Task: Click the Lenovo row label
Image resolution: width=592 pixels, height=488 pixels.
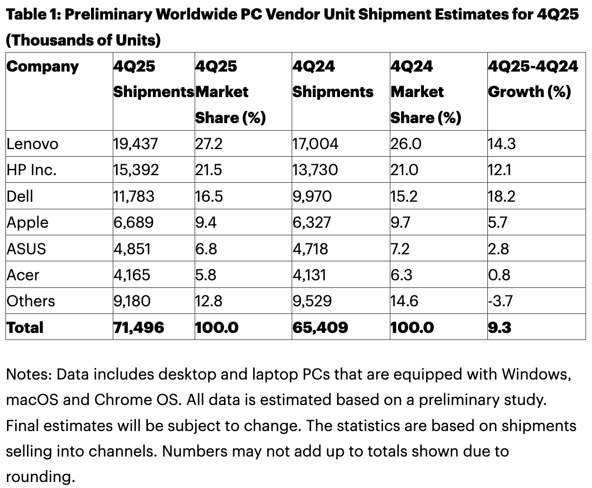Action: pyautogui.click(x=32, y=144)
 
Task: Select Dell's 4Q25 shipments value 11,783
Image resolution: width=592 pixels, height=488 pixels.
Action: pyautogui.click(x=134, y=196)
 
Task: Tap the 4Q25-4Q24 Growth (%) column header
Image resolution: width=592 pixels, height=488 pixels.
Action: pyautogui.click(x=530, y=79)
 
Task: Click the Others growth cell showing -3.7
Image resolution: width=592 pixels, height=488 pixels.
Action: pyautogui.click(x=500, y=301)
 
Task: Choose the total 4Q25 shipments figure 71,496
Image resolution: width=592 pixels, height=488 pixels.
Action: pyautogui.click(x=139, y=327)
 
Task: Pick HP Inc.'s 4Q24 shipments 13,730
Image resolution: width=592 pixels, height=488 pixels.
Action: pyautogui.click(x=315, y=170)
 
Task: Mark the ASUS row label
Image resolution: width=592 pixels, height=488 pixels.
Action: pyautogui.click(x=27, y=248)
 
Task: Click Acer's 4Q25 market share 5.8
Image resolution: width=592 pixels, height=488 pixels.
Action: pyautogui.click(x=206, y=275)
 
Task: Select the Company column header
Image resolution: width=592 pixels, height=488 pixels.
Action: pyautogui.click(x=43, y=67)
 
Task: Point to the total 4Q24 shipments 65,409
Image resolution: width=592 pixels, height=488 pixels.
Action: pyautogui.click(x=320, y=327)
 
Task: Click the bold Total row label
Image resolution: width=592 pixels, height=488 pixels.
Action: pyautogui.click(x=25, y=327)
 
